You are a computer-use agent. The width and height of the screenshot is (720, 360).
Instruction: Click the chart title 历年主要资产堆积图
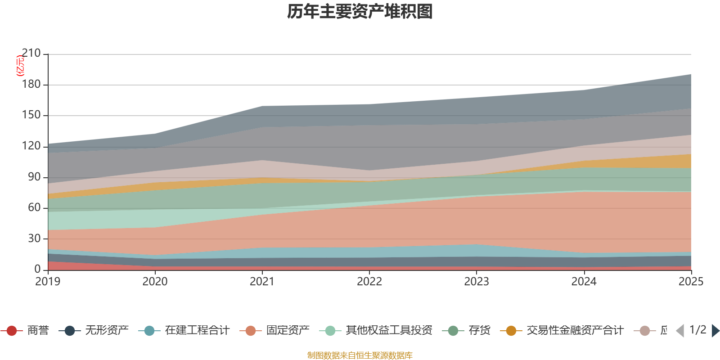(360, 12)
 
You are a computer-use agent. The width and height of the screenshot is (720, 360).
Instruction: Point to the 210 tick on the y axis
(31, 54)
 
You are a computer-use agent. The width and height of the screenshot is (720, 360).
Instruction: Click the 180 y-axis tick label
(31, 85)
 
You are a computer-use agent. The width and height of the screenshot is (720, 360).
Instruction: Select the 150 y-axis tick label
(31, 115)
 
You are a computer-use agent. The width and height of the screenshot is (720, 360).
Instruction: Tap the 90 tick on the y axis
(34, 177)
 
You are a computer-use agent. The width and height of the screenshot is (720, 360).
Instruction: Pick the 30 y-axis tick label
(34, 238)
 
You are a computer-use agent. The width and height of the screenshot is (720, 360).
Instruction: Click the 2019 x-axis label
(48, 281)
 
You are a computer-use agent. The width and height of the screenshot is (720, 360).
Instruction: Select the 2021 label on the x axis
(262, 281)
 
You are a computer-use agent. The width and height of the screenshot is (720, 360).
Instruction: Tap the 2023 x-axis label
(477, 281)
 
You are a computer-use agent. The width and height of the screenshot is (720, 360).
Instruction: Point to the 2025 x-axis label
(691, 281)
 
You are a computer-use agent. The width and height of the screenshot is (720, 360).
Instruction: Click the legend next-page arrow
(715, 331)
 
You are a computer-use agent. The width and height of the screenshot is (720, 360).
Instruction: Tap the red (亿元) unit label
(20, 66)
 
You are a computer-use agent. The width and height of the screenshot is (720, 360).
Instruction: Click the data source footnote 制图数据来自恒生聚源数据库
(360, 355)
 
